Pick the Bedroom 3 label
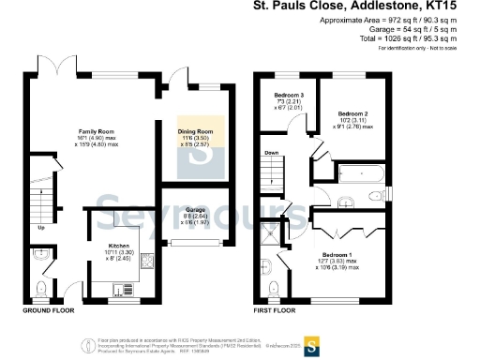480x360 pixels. click(x=289, y=97)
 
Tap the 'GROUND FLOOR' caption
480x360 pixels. click(x=49, y=309)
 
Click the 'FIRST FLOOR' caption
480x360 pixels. click(x=275, y=309)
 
